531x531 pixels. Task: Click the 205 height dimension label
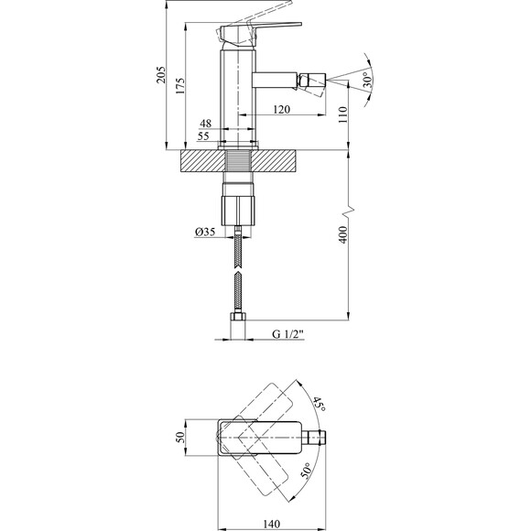(161, 74)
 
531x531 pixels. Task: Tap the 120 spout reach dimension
(282, 109)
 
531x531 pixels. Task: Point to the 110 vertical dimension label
(343, 114)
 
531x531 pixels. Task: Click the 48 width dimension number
(206, 124)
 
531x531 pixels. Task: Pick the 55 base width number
(203, 136)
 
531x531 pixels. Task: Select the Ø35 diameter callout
(205, 232)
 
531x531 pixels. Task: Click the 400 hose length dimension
(343, 234)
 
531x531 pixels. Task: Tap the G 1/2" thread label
(287, 334)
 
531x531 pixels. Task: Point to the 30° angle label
(367, 80)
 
